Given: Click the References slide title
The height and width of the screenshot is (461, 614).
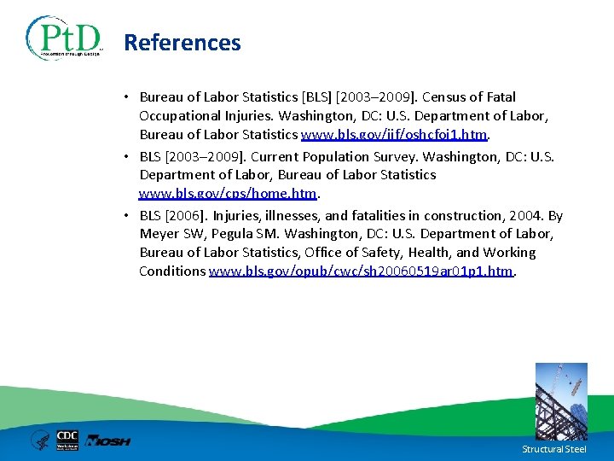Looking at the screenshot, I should tap(182, 43).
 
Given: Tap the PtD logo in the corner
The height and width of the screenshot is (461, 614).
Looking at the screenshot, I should tap(64, 38).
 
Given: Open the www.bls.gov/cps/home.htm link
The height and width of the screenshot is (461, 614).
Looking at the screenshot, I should tap(228, 193).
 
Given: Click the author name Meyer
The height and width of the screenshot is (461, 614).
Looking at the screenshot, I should tap(159, 234).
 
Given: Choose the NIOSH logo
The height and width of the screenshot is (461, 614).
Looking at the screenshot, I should tap(109, 441).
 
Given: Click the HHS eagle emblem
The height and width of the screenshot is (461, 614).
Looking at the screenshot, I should tap(40, 441).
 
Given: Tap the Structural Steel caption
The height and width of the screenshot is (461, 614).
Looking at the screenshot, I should tap(554, 449).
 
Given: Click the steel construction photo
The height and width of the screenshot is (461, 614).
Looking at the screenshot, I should tap(560, 401).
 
